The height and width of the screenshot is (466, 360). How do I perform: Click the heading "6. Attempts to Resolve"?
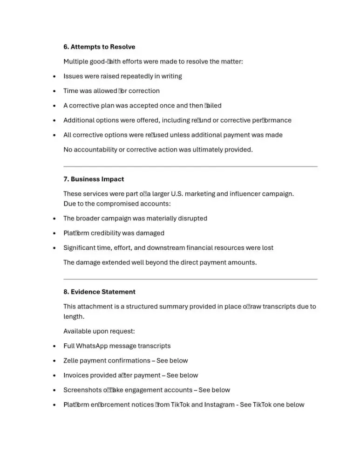[x=99, y=47]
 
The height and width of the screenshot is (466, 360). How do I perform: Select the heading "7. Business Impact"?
[x=94, y=179]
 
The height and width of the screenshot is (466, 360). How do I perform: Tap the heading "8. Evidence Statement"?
[x=99, y=292]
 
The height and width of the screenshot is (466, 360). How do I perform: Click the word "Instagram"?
[x=219, y=404]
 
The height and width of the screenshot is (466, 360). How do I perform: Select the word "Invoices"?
[x=76, y=375]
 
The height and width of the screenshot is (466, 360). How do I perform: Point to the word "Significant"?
[x=80, y=247]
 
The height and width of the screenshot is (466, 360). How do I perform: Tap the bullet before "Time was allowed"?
[x=55, y=91]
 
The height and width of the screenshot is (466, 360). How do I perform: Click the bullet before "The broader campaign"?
[x=55, y=218]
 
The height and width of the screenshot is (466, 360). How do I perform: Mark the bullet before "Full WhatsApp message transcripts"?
[x=55, y=346]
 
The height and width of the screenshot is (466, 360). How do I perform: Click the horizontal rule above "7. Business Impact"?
[x=190, y=166]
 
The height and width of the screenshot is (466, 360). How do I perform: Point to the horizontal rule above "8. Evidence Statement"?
[x=190, y=279]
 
